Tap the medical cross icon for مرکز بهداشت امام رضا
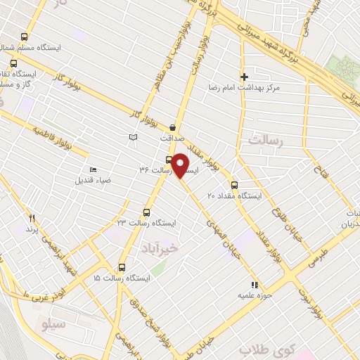click(244, 77)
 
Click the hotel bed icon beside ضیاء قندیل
click(93, 169)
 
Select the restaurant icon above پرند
click(31, 219)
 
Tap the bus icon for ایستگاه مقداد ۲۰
click(234, 186)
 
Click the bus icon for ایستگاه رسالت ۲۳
click(147, 212)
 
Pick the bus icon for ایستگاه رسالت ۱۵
click(122, 267)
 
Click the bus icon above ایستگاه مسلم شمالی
click(25, 37)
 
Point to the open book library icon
click(134, 136)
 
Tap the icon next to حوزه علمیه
click(255, 285)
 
